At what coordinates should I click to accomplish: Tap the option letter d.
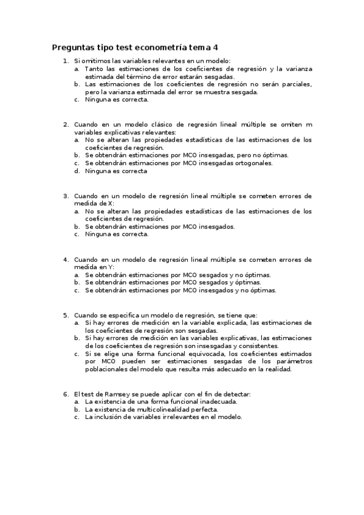click(77, 171)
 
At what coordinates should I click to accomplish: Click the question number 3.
click(66, 196)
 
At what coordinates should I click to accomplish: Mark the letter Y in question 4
click(110, 267)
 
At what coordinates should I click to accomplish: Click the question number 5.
click(66, 315)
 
